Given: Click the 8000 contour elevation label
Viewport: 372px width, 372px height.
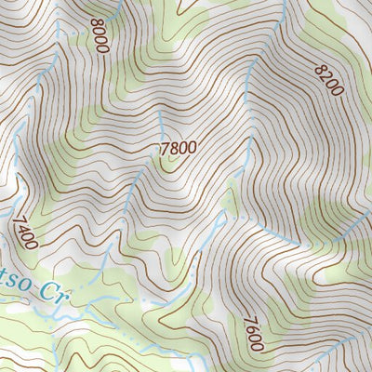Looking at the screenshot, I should click(x=100, y=34).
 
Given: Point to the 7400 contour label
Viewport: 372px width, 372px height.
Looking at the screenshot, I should click(x=25, y=231).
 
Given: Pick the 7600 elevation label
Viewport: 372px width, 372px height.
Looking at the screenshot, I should click(x=251, y=333).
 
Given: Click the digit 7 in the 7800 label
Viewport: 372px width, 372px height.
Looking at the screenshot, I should click(x=163, y=146).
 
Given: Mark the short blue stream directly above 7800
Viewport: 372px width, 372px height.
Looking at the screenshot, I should click(x=160, y=124).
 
